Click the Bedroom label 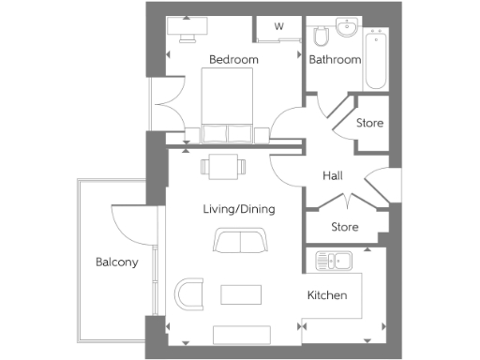(232, 60)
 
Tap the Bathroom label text (335, 60)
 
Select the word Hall (333, 175)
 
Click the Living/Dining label (239, 209)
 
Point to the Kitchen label (327, 295)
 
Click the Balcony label (117, 262)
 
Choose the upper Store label (369, 123)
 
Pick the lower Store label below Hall (345, 226)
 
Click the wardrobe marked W (278, 26)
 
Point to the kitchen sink (331, 261)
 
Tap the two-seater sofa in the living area (239, 241)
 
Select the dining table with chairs (223, 168)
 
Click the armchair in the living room (190, 292)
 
